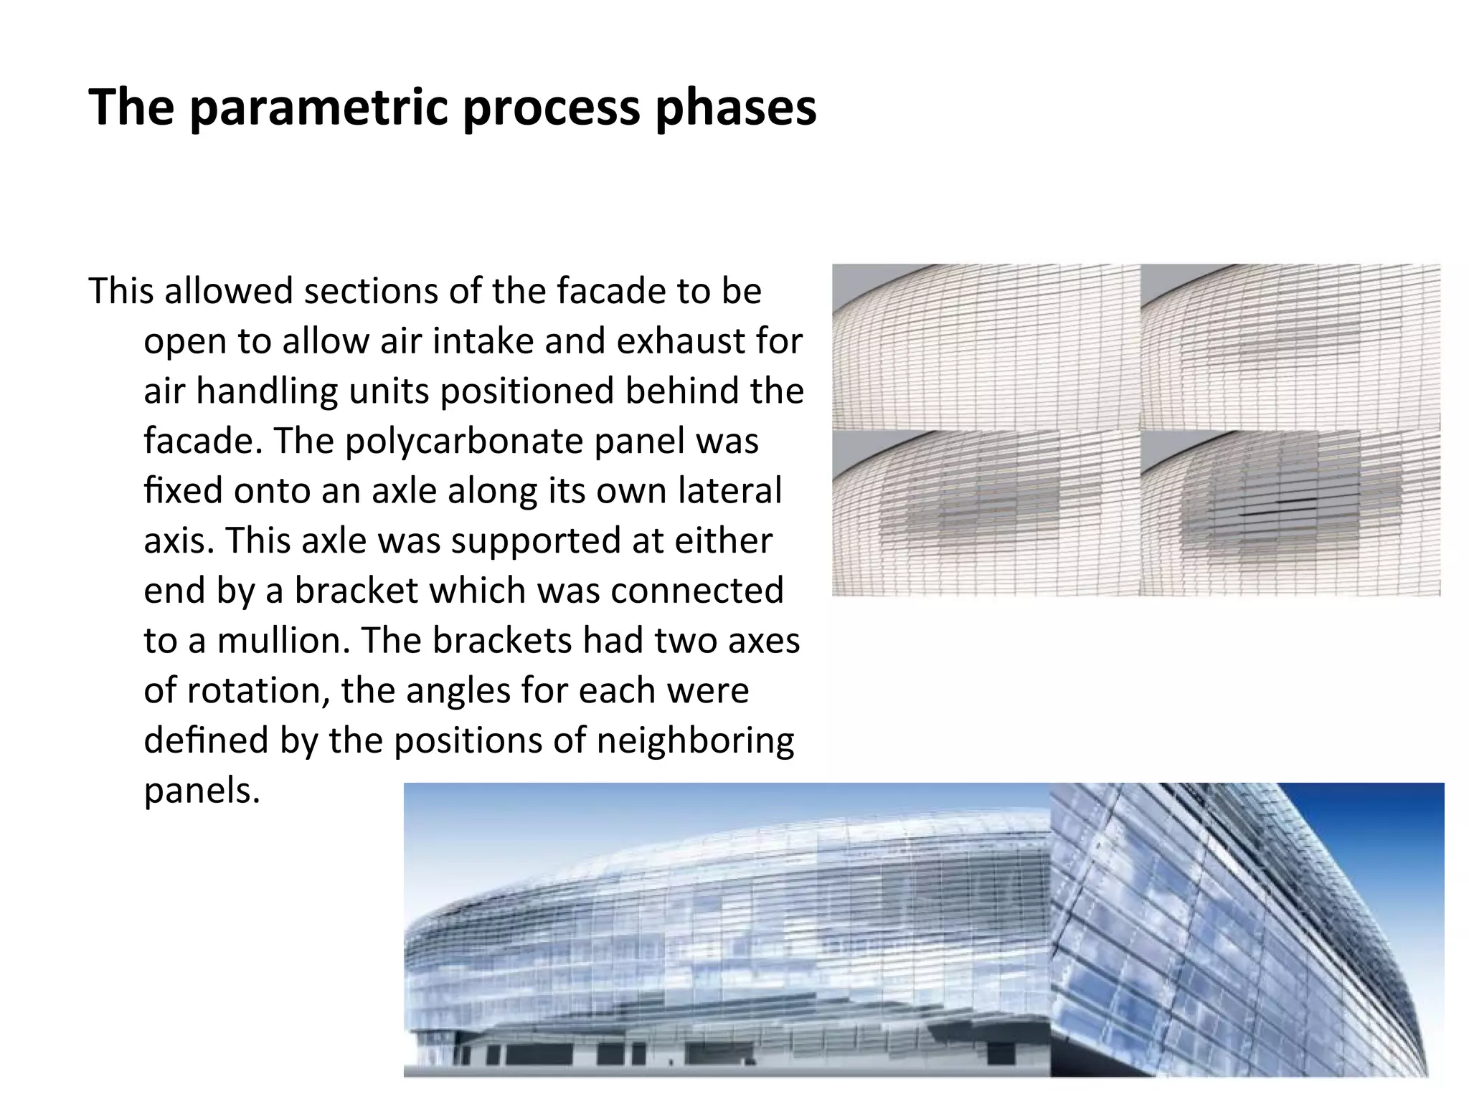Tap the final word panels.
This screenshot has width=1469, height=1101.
[202, 791]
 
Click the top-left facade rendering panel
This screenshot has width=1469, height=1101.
[986, 348]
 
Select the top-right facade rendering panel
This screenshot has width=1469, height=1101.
[1290, 348]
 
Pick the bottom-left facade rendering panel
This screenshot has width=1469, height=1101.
[986, 513]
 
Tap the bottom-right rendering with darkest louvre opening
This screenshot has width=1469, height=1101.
[1290, 513]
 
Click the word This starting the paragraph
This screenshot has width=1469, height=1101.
[121, 291]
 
